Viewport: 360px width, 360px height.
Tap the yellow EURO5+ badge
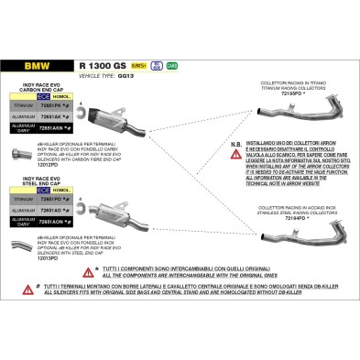click(x=139, y=66)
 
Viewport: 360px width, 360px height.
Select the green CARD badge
click(x=171, y=66)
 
